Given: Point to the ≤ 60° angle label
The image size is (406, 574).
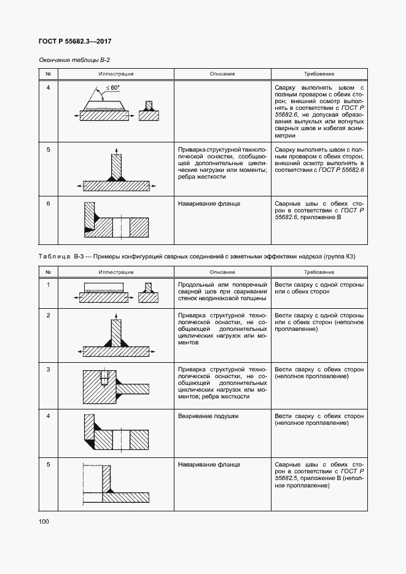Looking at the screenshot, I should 112,88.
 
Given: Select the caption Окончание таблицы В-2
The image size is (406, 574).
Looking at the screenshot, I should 74,60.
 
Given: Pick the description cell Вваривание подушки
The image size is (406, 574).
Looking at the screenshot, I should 208,416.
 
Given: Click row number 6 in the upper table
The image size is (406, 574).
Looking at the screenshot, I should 48,203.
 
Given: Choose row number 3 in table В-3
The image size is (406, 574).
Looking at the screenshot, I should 48,370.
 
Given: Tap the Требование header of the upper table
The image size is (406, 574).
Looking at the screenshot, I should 318,74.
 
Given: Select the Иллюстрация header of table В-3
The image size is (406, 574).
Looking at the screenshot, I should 116,271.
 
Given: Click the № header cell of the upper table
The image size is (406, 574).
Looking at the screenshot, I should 48,74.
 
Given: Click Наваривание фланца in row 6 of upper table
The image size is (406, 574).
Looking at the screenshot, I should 209,203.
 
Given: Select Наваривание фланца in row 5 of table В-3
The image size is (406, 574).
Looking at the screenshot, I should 209,465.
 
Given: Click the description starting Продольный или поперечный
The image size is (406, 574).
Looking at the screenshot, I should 222,292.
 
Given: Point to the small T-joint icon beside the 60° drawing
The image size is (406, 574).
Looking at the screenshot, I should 148,112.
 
